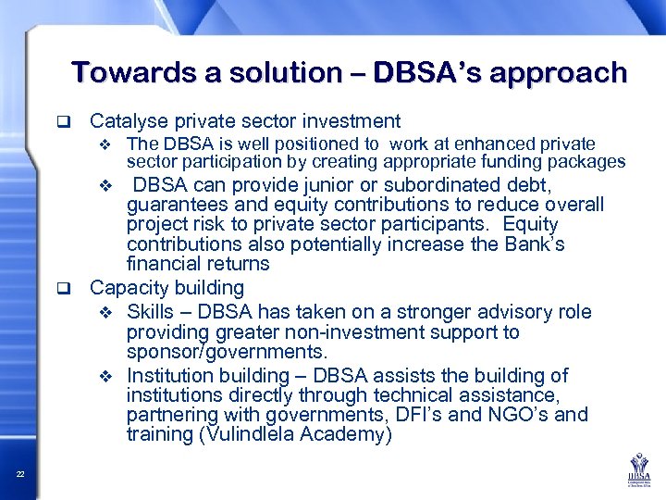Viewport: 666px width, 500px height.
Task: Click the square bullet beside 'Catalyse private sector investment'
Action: [x=64, y=121]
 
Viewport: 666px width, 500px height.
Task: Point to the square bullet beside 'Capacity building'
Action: [x=64, y=288]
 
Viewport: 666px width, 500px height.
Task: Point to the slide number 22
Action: [x=19, y=475]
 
